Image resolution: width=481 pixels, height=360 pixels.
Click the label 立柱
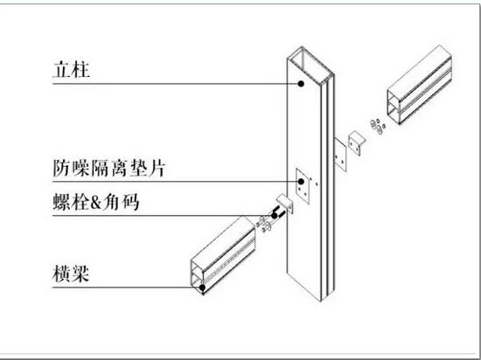(x=72, y=70)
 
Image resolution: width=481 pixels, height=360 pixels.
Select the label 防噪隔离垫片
(x=109, y=169)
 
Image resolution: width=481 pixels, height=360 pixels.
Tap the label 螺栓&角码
(x=96, y=202)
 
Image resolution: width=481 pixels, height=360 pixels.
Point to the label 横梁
(x=71, y=273)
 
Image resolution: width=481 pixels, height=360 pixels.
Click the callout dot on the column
(x=301, y=83)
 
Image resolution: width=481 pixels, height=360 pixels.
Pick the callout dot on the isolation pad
(x=301, y=182)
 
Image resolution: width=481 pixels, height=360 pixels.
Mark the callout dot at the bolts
(x=275, y=216)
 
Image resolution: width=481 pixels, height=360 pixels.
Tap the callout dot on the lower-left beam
(x=202, y=287)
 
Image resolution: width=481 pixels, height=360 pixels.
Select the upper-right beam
(x=419, y=85)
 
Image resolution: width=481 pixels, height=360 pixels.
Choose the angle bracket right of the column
(x=357, y=143)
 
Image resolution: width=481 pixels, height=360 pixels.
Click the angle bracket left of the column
(x=286, y=203)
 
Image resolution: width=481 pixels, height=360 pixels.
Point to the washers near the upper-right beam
(x=378, y=126)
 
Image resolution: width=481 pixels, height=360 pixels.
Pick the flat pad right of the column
(x=340, y=155)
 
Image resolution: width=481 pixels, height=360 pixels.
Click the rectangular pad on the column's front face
(x=303, y=185)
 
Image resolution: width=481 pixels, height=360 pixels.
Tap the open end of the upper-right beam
(x=394, y=107)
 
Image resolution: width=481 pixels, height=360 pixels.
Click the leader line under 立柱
(x=177, y=83)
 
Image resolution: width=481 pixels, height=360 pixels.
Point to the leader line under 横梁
(x=127, y=287)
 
